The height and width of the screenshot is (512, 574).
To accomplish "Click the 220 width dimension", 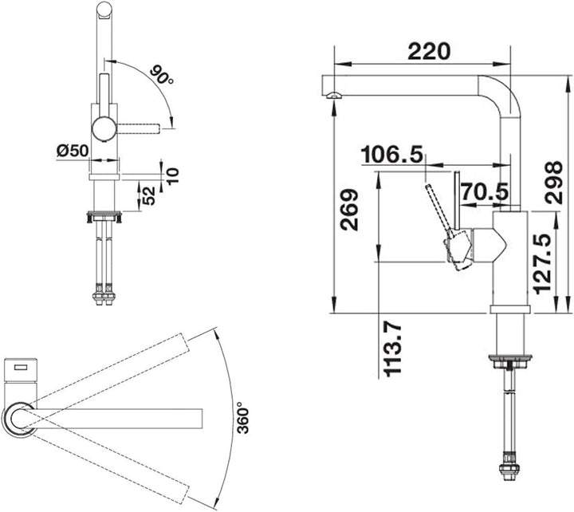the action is [429, 52].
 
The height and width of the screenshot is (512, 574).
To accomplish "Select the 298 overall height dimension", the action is [553, 183].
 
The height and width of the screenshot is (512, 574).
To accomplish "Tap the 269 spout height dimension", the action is [349, 210].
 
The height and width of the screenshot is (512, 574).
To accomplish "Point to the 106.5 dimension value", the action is [391, 154].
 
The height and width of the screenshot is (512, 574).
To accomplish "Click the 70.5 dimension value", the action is [485, 191].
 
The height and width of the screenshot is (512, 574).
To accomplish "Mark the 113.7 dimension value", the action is [393, 349].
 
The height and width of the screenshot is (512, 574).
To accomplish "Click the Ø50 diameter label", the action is [73, 151].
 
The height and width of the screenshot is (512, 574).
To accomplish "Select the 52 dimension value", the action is [149, 195].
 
